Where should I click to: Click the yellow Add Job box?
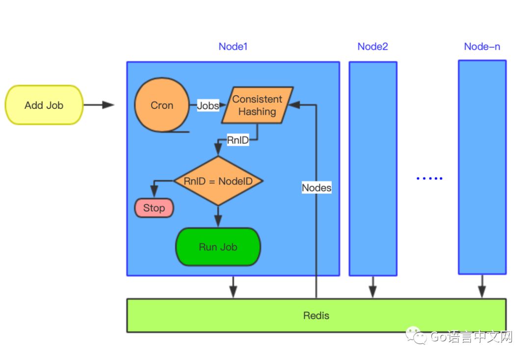pyautogui.click(x=44, y=105)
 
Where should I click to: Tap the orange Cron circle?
pyautogui.click(x=162, y=105)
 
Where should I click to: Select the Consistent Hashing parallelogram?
pyautogui.click(x=257, y=105)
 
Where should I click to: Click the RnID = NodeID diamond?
pyautogui.click(x=218, y=181)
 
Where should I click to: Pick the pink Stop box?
pyautogui.click(x=154, y=208)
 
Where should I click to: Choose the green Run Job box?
pyautogui.click(x=218, y=247)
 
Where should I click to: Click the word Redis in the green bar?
pyautogui.click(x=316, y=315)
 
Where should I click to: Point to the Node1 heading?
pyautogui.click(x=233, y=47)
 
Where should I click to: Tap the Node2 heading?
pyautogui.click(x=372, y=47)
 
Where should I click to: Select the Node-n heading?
pyautogui.click(x=482, y=47)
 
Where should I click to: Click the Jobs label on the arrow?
pyautogui.click(x=208, y=105)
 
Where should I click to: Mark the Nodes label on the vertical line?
pyautogui.click(x=317, y=187)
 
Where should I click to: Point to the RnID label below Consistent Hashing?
pyautogui.click(x=238, y=140)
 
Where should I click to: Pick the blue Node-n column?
pyautogui.click(x=482, y=167)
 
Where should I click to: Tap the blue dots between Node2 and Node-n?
pyautogui.click(x=429, y=179)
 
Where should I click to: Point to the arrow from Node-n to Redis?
pyautogui.click(x=482, y=286)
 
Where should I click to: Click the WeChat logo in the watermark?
pyautogui.click(x=415, y=336)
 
